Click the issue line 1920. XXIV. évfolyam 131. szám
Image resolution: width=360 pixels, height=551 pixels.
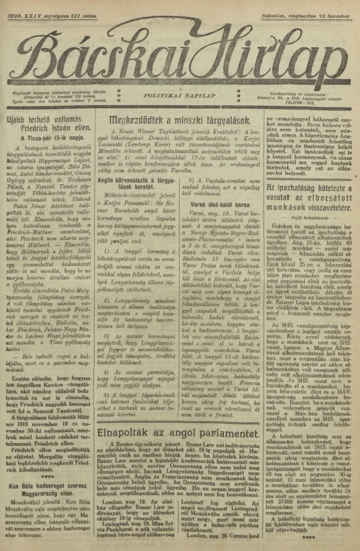coord(46,7)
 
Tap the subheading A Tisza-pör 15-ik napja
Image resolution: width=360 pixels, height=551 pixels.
coord(48,139)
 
